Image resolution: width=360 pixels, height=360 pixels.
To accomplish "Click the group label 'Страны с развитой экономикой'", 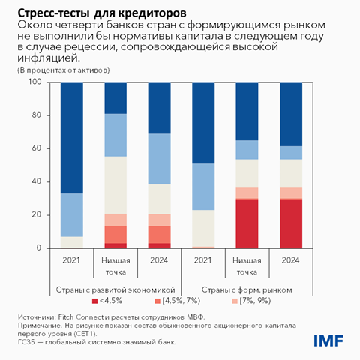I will click(x=115, y=289).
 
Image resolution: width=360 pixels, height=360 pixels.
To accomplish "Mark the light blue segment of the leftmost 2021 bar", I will click(x=71, y=214).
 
